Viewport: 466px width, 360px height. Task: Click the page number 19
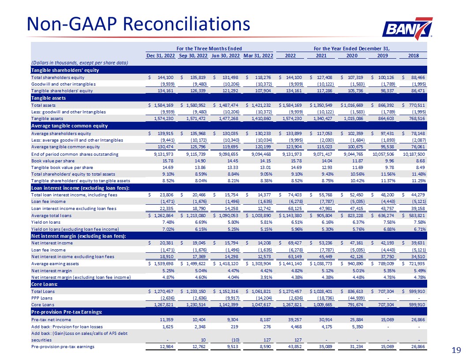(456, 350)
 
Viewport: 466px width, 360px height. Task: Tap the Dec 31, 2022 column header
(160, 56)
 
